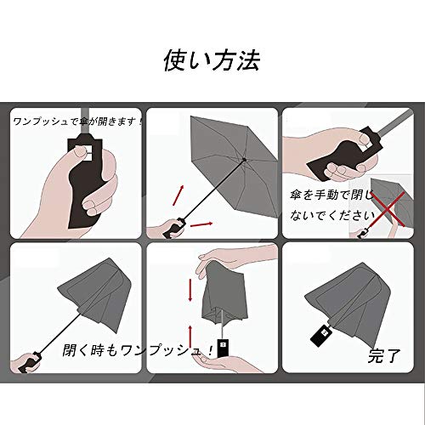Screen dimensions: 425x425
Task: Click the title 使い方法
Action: point(212,60)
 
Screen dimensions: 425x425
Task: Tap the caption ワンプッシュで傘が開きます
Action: point(76,122)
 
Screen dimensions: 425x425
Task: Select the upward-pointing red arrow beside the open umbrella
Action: point(178,195)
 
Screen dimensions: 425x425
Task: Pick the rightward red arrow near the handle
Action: point(201,224)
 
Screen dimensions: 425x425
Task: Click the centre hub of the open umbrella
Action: point(244,160)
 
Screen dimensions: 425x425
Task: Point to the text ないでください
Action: point(332,216)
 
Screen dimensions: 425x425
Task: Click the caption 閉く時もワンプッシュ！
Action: point(138,350)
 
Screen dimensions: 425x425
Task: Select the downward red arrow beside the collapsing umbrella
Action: point(190,290)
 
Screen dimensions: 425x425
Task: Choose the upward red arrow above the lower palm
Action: point(190,337)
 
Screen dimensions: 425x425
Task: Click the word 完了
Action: point(384,356)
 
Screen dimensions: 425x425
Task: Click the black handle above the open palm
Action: point(224,348)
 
